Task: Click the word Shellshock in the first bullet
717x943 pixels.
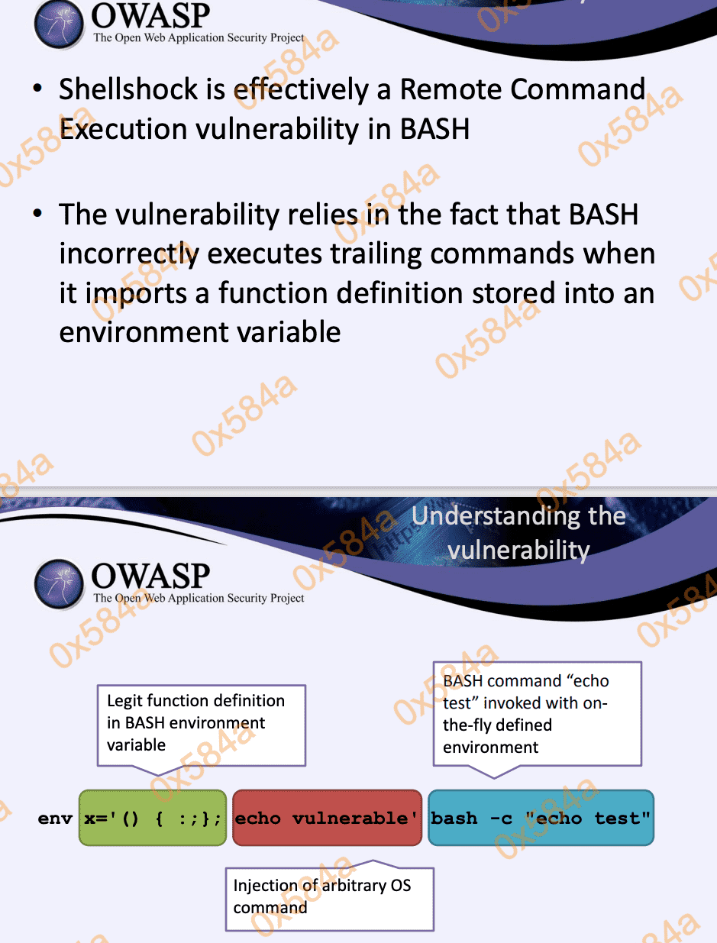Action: (x=128, y=89)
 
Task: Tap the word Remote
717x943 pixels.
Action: (x=451, y=89)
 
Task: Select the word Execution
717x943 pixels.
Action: (x=123, y=129)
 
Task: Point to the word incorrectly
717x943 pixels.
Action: (x=129, y=254)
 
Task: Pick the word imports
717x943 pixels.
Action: (x=136, y=294)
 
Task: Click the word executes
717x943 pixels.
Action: (x=265, y=254)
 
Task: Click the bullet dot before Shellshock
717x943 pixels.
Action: (x=38, y=88)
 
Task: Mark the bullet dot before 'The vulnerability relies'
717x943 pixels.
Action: (x=38, y=213)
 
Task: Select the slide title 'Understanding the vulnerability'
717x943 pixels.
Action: (x=518, y=533)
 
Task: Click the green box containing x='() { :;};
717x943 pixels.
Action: (x=153, y=818)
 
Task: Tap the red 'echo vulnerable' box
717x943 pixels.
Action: (x=327, y=818)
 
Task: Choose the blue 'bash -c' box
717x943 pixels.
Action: (x=541, y=818)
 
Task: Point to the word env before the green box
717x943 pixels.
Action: (x=55, y=819)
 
